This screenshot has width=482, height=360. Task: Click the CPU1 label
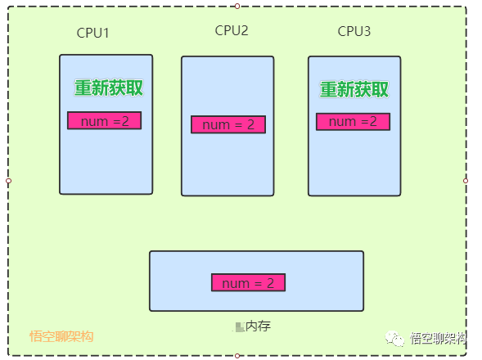pos(92,33)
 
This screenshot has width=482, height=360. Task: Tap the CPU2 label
pos(232,30)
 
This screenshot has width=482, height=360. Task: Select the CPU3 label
pos(354,31)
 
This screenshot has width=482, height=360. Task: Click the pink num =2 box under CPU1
pos(104,120)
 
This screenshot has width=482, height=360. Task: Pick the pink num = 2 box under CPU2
pos(228,124)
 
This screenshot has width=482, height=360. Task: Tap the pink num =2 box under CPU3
pos(353,122)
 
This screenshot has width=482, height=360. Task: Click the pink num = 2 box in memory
pos(249,282)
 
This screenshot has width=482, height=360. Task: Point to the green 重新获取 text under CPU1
pos(109,88)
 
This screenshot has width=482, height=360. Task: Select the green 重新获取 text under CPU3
pos(354,89)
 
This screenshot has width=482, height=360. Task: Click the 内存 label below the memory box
pos(259,326)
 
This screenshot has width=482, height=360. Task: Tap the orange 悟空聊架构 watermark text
pos(61,336)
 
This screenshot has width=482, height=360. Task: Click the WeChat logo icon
pos(394,339)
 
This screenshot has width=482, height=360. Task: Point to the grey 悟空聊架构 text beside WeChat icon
pos(439,338)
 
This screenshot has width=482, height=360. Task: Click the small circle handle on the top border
pos(237,7)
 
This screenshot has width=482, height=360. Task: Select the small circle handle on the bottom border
pos(237,356)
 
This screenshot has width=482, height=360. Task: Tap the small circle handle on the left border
pos(9,181)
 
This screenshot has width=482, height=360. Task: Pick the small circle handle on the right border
pos(466,181)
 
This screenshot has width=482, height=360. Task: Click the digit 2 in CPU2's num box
pos(251,124)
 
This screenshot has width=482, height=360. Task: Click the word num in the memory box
pos(236,283)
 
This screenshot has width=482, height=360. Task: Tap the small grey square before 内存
pos(240,327)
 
